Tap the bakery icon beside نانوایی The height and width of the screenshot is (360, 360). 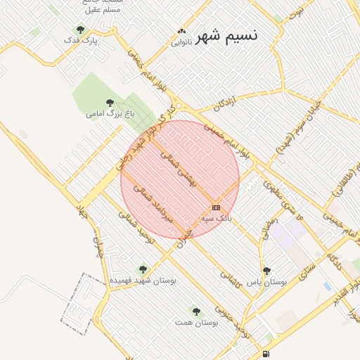coord(182,31)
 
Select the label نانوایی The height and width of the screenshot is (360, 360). coord(181,42)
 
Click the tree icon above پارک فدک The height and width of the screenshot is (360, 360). coord(80,30)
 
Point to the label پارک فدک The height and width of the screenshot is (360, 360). coord(80,41)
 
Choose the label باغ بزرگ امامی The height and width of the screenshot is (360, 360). coord(105,112)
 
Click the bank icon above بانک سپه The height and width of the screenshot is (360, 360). coord(216,207)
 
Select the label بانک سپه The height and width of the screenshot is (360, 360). coord(216,219)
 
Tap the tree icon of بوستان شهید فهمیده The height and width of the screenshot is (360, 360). coord(143,269)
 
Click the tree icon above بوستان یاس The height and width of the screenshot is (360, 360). coord(266,270)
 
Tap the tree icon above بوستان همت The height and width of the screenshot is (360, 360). coord(196,311)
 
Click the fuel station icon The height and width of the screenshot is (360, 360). coord(265,354)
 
